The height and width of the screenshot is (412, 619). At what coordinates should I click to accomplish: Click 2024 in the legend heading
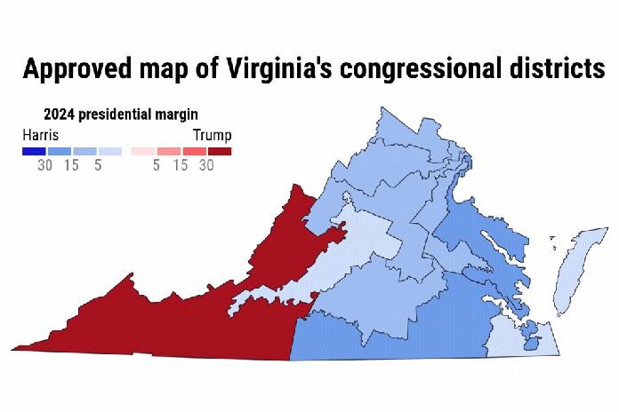pos(59,114)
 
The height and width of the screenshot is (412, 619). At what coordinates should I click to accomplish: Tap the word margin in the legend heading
pos(177,114)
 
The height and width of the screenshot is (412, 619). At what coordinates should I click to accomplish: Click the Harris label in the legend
pos(41,135)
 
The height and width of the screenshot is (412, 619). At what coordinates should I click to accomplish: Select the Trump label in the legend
pos(213,135)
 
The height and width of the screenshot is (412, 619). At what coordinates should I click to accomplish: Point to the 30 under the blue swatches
pos(44,165)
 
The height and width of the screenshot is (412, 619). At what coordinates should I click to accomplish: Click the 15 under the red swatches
pos(181,165)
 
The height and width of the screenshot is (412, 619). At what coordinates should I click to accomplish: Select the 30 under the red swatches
pos(206,165)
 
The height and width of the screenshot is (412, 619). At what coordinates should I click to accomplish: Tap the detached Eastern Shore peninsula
pos(574,266)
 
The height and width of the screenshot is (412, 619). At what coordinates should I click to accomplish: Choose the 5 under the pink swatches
pos(156,165)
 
